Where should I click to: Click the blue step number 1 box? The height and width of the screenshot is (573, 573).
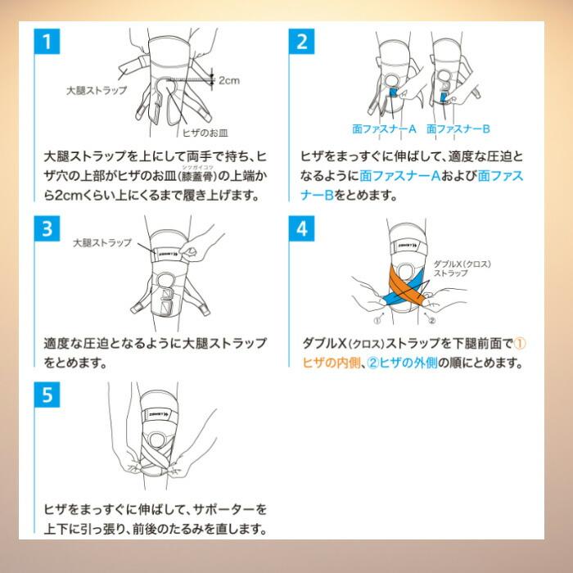47,41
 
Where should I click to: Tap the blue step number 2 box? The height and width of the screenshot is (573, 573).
301,41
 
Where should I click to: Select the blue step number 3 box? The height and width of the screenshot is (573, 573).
47,228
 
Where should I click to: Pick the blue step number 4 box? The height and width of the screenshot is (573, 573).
301,228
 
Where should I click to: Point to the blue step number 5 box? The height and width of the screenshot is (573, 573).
47,395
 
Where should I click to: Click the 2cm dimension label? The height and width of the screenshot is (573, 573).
229,80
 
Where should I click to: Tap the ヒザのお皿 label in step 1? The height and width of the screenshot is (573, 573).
205,133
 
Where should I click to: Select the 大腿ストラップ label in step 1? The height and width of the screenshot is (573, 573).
97,90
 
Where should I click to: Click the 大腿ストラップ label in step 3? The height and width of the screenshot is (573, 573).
102,242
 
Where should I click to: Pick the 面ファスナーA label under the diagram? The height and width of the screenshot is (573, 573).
385,129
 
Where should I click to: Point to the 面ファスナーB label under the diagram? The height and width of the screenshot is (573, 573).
458,129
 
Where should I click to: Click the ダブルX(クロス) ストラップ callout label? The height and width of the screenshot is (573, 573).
462,268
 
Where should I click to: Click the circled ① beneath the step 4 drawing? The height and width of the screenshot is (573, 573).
377,321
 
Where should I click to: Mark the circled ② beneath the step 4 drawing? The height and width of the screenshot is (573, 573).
431,321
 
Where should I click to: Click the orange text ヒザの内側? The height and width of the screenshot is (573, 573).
332,363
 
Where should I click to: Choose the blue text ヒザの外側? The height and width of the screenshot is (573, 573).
408,363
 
